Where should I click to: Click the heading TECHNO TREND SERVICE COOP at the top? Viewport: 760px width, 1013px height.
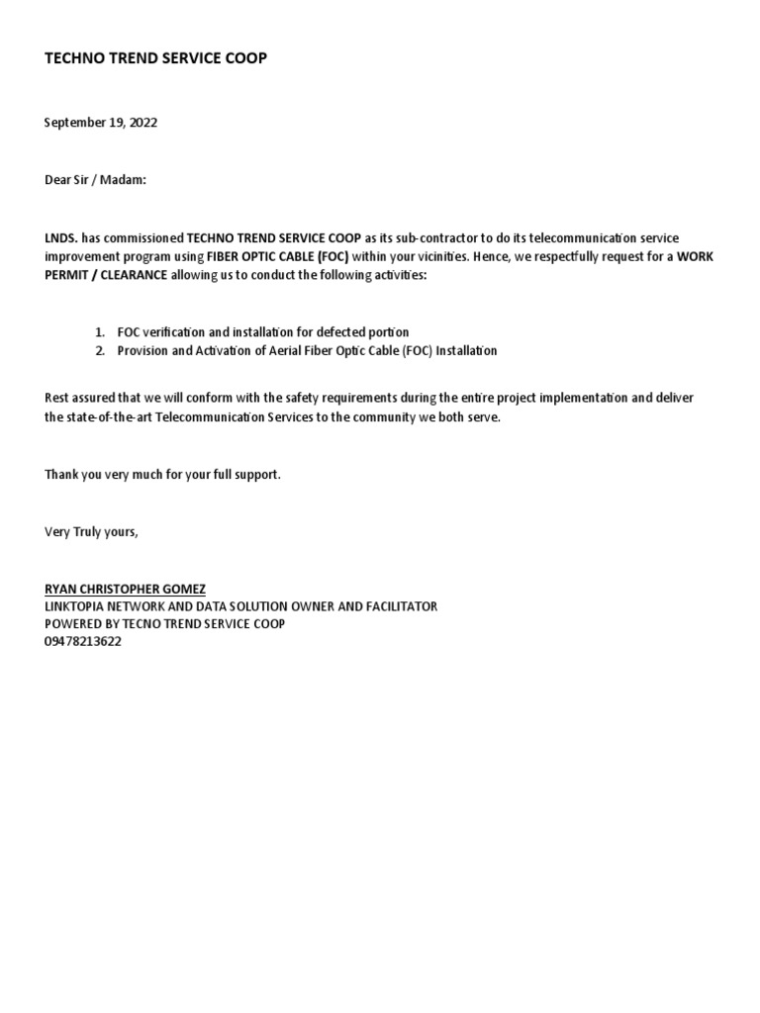click(x=155, y=59)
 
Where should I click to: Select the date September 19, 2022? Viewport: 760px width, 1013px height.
click(x=101, y=123)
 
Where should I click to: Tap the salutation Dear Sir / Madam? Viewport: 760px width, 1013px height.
click(x=95, y=180)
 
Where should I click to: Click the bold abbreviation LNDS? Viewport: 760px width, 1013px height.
click(x=60, y=238)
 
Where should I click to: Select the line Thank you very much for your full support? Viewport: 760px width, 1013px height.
click(x=162, y=475)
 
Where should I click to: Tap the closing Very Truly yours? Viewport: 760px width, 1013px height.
click(x=92, y=532)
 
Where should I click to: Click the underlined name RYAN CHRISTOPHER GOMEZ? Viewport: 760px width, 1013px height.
click(x=125, y=590)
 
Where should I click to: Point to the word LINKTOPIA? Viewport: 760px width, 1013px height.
click(x=77, y=606)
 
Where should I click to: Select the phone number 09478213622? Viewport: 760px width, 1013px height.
click(x=83, y=641)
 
